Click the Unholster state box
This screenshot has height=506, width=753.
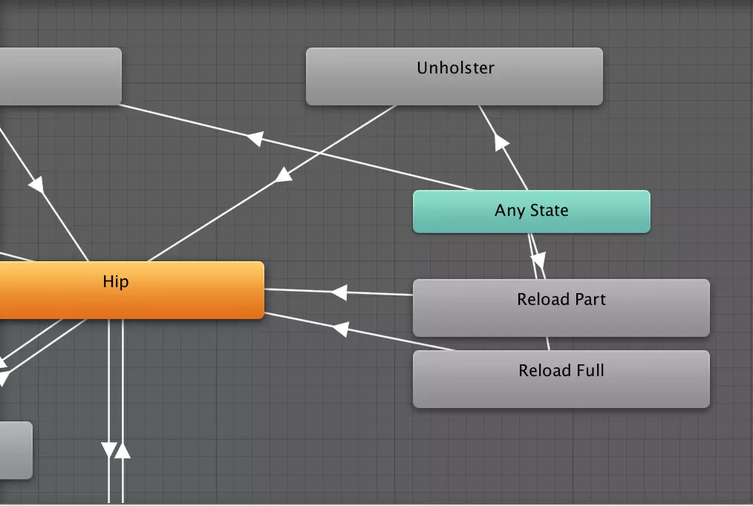[x=454, y=76]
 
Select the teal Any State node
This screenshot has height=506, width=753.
[x=531, y=211]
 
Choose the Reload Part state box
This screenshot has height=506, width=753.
[x=561, y=307]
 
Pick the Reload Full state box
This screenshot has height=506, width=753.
[x=561, y=378]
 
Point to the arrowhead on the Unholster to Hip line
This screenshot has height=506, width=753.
[x=283, y=175]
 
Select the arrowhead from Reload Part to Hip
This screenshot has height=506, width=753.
[x=339, y=292]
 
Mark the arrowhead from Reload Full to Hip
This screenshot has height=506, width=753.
[x=341, y=328]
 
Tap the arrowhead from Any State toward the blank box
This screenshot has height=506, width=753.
[x=255, y=138]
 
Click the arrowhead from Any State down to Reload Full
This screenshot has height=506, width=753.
[x=538, y=261]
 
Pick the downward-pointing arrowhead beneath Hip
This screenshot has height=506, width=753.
[x=109, y=450]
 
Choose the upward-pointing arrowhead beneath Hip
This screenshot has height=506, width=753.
[x=123, y=450]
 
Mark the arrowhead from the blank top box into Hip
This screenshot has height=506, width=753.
[x=36, y=185]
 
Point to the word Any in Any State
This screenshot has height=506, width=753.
[x=509, y=211]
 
